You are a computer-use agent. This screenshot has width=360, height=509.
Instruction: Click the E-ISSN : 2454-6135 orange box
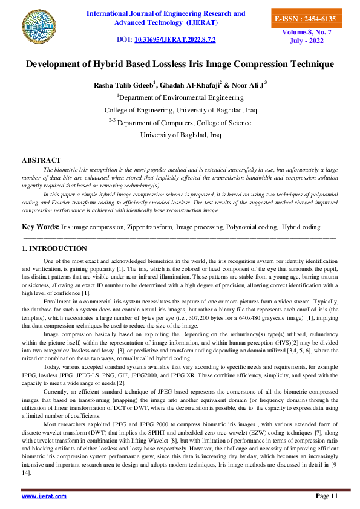point(304,19)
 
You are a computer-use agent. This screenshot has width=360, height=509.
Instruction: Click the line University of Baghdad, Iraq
point(181,135)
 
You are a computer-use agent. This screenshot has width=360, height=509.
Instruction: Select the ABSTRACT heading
point(41,160)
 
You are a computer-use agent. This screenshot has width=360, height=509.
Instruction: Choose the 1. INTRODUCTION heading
point(54,248)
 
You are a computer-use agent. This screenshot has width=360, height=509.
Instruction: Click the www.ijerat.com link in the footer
point(44,496)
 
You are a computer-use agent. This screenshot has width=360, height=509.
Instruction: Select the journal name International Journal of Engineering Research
point(166,13)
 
